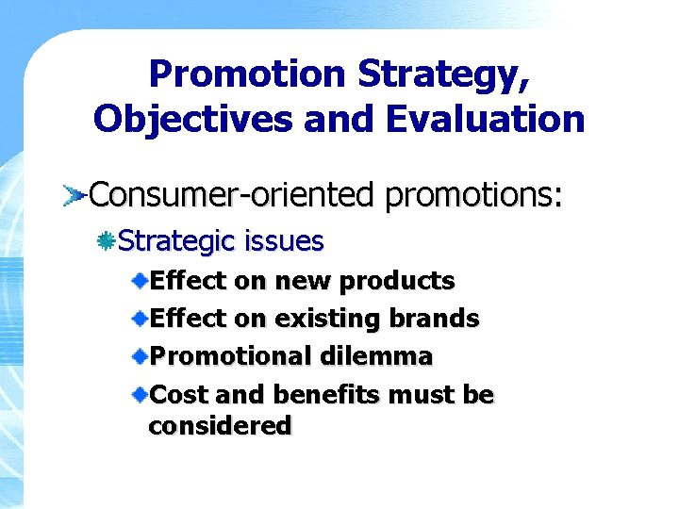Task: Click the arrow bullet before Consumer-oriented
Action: (75, 196)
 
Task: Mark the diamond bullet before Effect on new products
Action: (139, 280)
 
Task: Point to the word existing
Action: (323, 319)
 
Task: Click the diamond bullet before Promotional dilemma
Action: (139, 356)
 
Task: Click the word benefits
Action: (306, 394)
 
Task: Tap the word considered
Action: (220, 426)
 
